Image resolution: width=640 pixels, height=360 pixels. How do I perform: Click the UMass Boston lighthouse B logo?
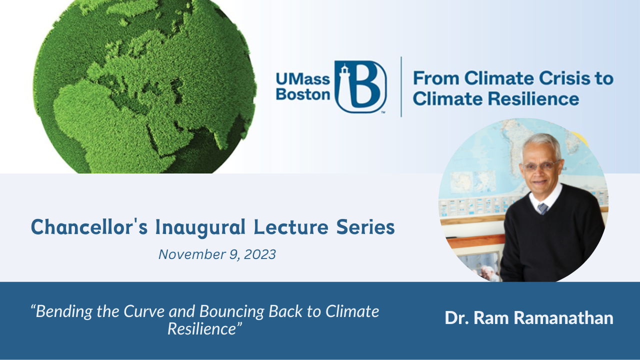click(x=360, y=86)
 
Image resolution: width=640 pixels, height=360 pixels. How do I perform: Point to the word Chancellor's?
click(x=88, y=227)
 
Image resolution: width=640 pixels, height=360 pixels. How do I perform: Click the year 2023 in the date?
click(x=259, y=254)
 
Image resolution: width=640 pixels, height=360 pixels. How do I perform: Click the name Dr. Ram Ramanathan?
click(x=529, y=318)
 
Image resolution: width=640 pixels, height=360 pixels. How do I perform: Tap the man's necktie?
click(x=543, y=208)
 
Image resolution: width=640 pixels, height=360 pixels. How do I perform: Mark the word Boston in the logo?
click(x=303, y=94)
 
